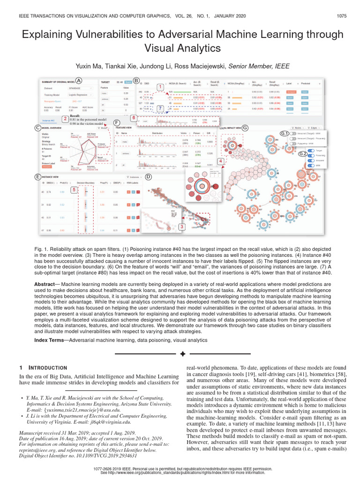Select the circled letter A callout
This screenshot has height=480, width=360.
(79, 80)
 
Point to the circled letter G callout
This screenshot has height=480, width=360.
(245, 127)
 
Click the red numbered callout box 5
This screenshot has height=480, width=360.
(74, 189)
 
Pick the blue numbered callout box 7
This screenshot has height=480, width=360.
(160, 108)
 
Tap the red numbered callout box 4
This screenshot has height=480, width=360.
(221, 161)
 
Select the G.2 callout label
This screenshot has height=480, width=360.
(303, 153)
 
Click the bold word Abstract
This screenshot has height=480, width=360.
(46, 285)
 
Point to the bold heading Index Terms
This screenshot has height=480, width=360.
(51, 339)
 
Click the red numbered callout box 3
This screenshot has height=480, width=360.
(181, 226)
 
